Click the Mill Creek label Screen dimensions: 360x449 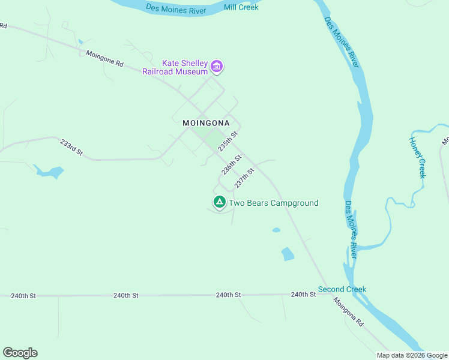[x=241, y=7]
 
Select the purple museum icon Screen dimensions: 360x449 [x=217, y=67]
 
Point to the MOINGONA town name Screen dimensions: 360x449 [x=206, y=122]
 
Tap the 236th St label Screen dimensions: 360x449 [x=231, y=164]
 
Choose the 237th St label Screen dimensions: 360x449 [x=244, y=176]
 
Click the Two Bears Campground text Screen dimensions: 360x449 [x=274, y=203]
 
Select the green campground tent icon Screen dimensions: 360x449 [x=220, y=202]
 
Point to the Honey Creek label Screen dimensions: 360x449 [x=417, y=157]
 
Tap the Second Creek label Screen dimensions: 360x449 [x=342, y=289]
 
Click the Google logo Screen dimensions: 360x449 [x=20, y=353]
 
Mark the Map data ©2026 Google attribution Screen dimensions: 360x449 [x=412, y=355]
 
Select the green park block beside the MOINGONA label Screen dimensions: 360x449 [x=211, y=139]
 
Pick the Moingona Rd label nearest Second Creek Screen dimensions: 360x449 [x=349, y=313]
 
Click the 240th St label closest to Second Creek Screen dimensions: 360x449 [x=303, y=295]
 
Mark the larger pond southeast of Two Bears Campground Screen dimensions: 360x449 [x=288, y=254]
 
